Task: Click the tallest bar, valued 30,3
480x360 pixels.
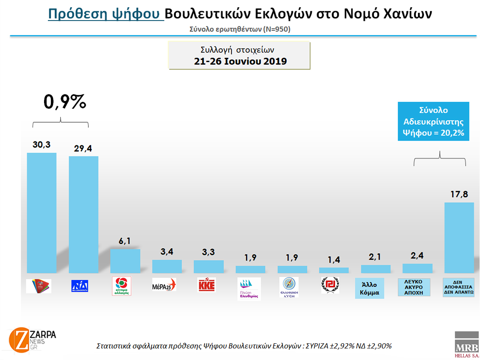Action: (42, 213)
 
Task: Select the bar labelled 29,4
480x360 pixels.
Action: (83, 214)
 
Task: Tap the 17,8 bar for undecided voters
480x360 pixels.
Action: (459, 237)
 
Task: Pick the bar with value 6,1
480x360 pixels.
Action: (125, 261)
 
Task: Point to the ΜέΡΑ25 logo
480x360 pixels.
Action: (164, 285)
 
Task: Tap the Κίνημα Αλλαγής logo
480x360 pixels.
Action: (121, 286)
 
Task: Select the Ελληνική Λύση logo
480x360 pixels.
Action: (289, 287)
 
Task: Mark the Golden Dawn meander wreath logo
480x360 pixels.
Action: (330, 285)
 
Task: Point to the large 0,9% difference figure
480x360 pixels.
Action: (65, 102)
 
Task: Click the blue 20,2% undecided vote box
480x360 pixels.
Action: (433, 121)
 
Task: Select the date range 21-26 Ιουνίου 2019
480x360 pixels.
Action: (240, 61)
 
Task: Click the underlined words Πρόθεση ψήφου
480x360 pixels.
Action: (105, 14)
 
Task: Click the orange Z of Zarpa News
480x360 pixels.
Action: (18, 339)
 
